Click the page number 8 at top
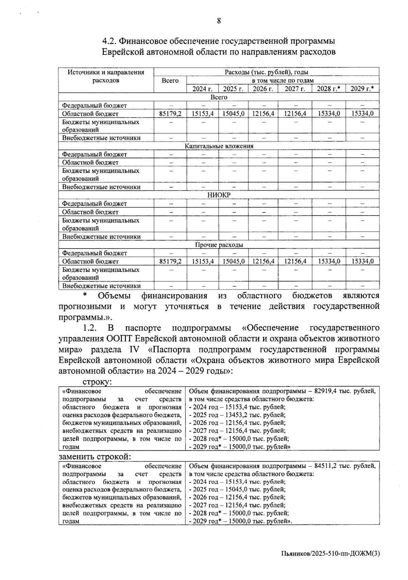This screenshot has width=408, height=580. tap(219, 21)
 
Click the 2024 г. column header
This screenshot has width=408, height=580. tap(202, 89)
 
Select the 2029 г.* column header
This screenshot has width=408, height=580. tap(362, 89)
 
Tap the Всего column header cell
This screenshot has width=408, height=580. tap(170, 81)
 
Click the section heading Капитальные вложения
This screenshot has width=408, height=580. tap(219, 146)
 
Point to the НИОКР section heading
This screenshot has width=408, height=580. tap(219, 195)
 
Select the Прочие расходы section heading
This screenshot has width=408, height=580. tap(219, 245)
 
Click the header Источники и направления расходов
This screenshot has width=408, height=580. tap(106, 76)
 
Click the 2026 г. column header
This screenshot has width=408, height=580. tap(262, 89)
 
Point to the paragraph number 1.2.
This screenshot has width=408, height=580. tap(90, 328)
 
